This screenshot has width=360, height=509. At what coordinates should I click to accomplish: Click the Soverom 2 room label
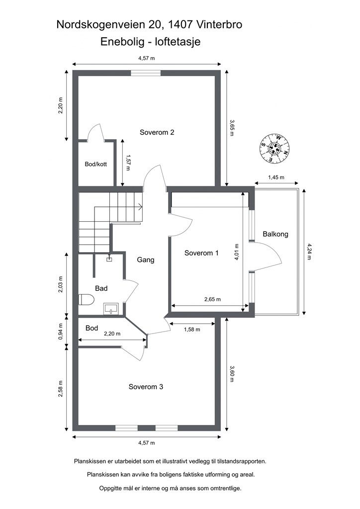pyautogui.click(x=157, y=132)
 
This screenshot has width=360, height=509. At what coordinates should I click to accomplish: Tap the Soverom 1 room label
pyautogui.click(x=201, y=253)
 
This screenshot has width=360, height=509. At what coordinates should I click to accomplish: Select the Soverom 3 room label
pyautogui.click(x=146, y=387)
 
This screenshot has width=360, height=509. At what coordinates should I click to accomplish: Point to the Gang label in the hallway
pyautogui.click(x=146, y=259)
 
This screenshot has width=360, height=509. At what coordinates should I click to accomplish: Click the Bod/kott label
pyautogui.click(x=96, y=164)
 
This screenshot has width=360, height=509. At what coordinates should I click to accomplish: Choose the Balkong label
pyautogui.click(x=275, y=234)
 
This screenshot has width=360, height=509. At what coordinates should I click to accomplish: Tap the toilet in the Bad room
pyautogui.click(x=86, y=300)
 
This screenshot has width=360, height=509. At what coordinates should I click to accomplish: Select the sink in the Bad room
pyautogui.click(x=111, y=309)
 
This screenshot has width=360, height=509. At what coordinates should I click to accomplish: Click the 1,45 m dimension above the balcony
pyautogui.click(x=276, y=177)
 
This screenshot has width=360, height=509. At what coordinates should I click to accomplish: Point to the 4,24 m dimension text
pyautogui.click(x=309, y=253)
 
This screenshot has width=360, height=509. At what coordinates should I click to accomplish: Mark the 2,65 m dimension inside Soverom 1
pyautogui.click(x=212, y=299)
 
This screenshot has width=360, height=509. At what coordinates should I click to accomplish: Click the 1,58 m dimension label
pyautogui.click(x=191, y=329)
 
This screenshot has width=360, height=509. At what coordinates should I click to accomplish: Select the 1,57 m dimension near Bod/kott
pyautogui.click(x=128, y=162)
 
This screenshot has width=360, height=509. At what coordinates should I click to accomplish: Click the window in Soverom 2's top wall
pyautogui.click(x=146, y=73)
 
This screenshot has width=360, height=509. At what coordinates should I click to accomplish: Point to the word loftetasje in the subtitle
pyautogui.click(x=177, y=41)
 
